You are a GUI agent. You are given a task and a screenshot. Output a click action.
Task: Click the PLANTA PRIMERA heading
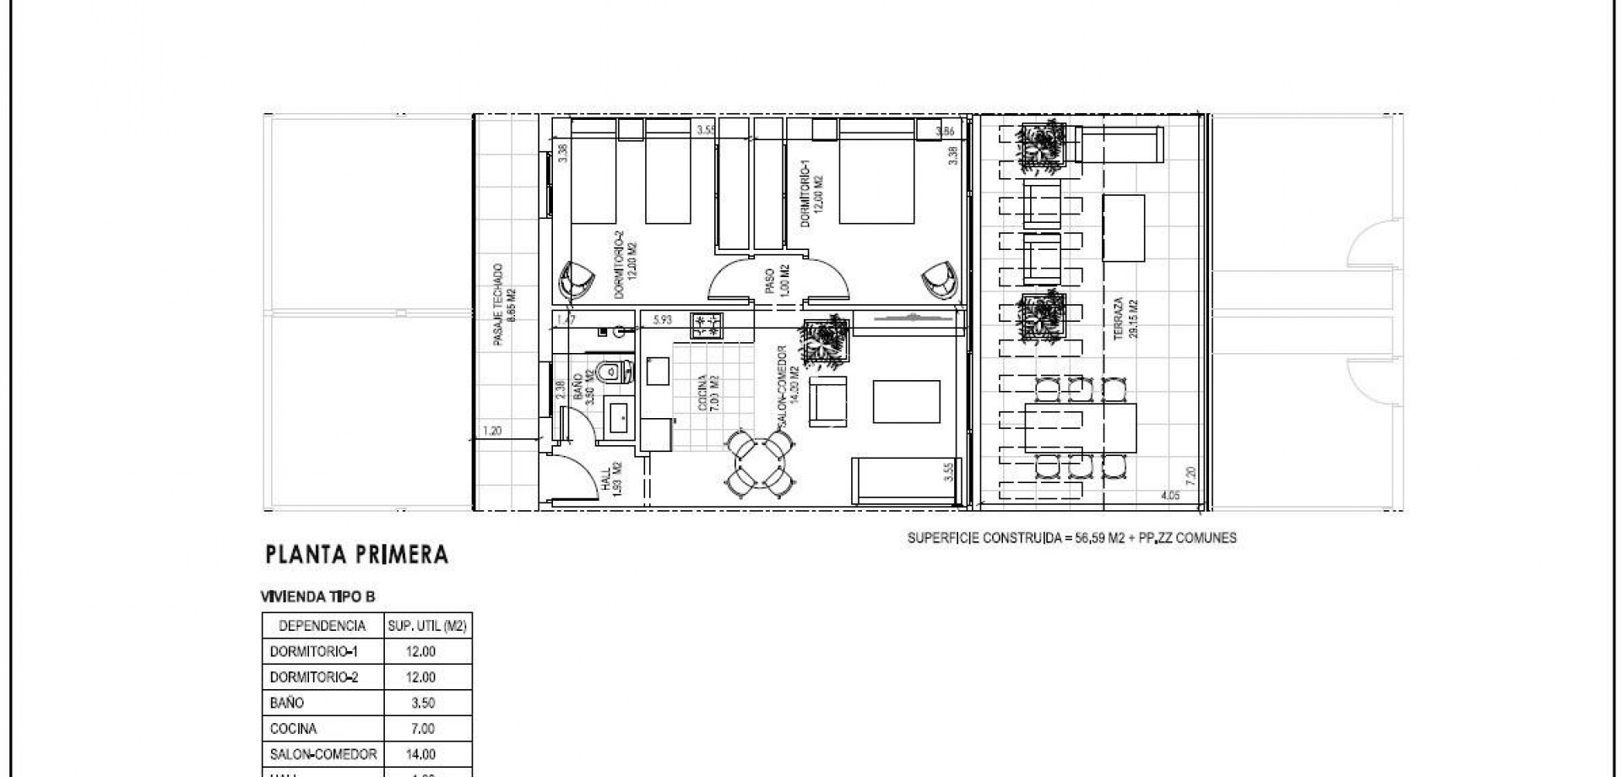pyautogui.click(x=356, y=555)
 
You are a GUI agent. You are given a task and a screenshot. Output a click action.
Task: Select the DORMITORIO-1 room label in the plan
pyautogui.click(x=809, y=195)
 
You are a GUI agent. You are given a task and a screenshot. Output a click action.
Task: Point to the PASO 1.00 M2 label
pyautogui.click(x=778, y=280)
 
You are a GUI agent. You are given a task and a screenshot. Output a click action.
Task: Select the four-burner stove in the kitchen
pyautogui.click(x=707, y=326)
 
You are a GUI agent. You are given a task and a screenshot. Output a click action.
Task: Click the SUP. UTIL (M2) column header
pyautogui.click(x=427, y=626)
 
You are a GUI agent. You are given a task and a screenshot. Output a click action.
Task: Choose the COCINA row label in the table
pyautogui.click(x=293, y=728)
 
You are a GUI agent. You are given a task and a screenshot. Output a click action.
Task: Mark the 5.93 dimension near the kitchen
pyautogui.click(x=663, y=319)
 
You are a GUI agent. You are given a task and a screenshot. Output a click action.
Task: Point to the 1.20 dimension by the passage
pyautogui.click(x=491, y=431)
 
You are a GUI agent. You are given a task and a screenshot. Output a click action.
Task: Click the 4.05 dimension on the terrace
pyautogui.click(x=1169, y=496)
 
